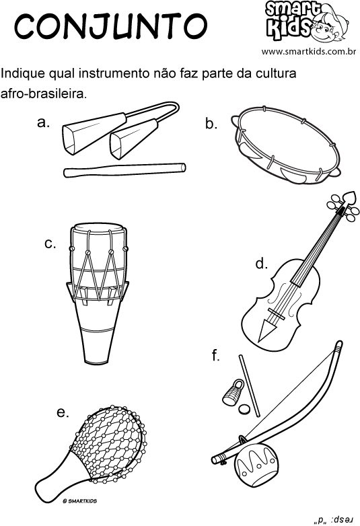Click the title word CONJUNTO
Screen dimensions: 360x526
tap(110, 26)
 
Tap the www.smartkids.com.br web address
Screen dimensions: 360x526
tap(309, 52)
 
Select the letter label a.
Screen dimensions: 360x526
tap(43, 123)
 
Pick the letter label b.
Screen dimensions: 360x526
tap(211, 124)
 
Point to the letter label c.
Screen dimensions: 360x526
tap(50, 243)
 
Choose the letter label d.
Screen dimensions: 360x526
tap(261, 264)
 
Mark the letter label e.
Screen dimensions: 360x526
tap(63, 412)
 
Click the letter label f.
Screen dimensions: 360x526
tap(215, 355)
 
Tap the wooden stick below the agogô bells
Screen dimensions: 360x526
tap(124, 170)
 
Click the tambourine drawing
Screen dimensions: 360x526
tap(286, 145)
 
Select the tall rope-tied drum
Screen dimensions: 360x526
tap(98, 293)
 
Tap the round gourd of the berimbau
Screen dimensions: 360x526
tap(256, 463)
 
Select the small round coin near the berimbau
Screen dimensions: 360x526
tap(244, 409)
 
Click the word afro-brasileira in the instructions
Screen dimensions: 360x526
tap(44, 93)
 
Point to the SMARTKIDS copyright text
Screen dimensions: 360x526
tap(80, 501)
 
